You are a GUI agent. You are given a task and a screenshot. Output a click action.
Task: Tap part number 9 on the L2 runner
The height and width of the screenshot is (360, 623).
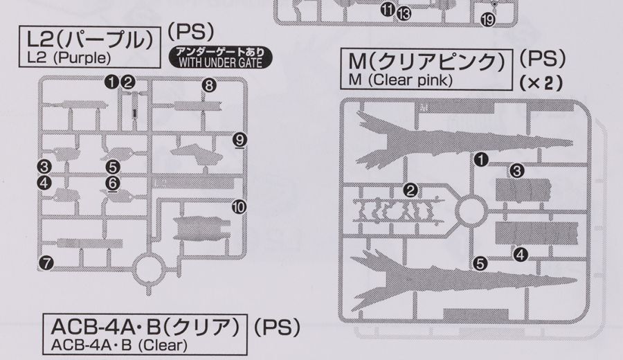[x=240, y=138]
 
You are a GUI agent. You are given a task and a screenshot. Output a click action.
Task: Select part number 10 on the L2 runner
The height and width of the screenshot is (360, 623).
[x=240, y=206]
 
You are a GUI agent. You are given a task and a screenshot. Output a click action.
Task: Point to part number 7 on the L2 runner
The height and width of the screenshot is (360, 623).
[x=46, y=262]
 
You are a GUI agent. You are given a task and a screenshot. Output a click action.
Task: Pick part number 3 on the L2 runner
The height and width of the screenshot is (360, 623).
[x=44, y=167]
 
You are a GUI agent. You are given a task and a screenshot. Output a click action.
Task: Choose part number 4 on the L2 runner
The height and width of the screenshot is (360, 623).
[x=44, y=183]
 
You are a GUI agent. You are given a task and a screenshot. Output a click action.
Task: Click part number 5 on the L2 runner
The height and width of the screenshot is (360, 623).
[x=113, y=167]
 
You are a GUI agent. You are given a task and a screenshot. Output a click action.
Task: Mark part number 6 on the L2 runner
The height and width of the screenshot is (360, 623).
[x=113, y=183]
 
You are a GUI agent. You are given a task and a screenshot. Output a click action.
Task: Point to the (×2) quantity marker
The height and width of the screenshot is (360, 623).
[x=540, y=82]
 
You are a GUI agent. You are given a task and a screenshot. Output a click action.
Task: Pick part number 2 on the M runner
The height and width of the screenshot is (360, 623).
[x=410, y=190]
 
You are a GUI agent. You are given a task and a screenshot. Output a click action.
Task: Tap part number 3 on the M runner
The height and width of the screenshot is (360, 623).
[x=516, y=170]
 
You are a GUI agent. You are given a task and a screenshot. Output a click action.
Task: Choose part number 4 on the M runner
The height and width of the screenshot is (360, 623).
[x=521, y=255]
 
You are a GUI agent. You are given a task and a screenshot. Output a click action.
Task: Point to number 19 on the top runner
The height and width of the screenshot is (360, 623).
[x=487, y=20]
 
